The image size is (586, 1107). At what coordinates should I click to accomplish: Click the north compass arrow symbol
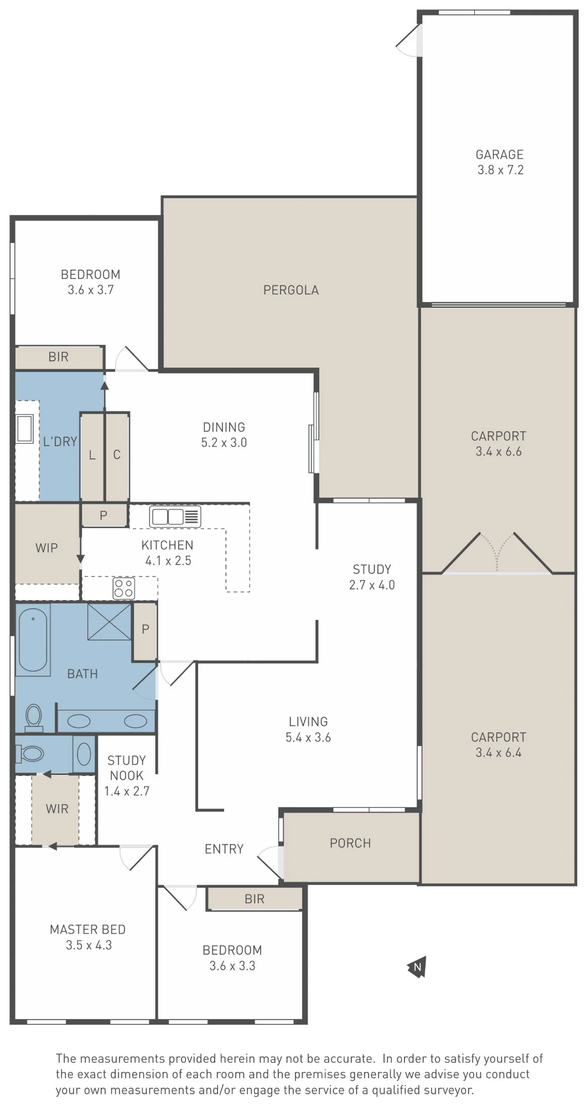[x=417, y=967]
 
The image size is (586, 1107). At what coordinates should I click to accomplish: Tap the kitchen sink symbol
[x=175, y=516]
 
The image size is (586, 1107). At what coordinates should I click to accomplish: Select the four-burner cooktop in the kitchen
[x=123, y=588]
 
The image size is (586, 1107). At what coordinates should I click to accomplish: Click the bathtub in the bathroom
[x=33, y=640]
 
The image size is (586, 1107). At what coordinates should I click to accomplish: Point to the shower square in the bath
[x=110, y=622]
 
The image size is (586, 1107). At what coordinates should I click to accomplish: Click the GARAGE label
[x=500, y=154]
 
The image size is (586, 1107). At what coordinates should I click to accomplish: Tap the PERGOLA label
[x=291, y=290]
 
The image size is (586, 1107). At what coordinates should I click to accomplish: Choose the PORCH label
[x=350, y=843]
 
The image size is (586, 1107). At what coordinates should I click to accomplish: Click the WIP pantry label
[x=46, y=548]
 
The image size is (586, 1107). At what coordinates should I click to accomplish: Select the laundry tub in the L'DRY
[x=25, y=428]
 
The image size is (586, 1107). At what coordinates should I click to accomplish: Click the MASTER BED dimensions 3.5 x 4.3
[x=89, y=945]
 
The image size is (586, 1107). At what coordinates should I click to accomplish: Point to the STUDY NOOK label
[x=127, y=768]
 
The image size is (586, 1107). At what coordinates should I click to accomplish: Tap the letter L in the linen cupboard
[x=92, y=455]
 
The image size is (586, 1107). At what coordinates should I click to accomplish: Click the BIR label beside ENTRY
[x=255, y=899]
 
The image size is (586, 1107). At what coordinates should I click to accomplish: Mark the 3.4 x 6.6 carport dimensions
[x=499, y=451]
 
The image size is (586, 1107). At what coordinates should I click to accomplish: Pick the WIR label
[x=57, y=809]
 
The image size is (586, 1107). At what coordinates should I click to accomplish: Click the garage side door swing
[x=409, y=40]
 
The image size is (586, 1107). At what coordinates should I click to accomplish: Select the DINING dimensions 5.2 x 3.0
[x=224, y=442]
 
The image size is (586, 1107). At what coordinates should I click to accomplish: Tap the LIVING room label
[x=308, y=722]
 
